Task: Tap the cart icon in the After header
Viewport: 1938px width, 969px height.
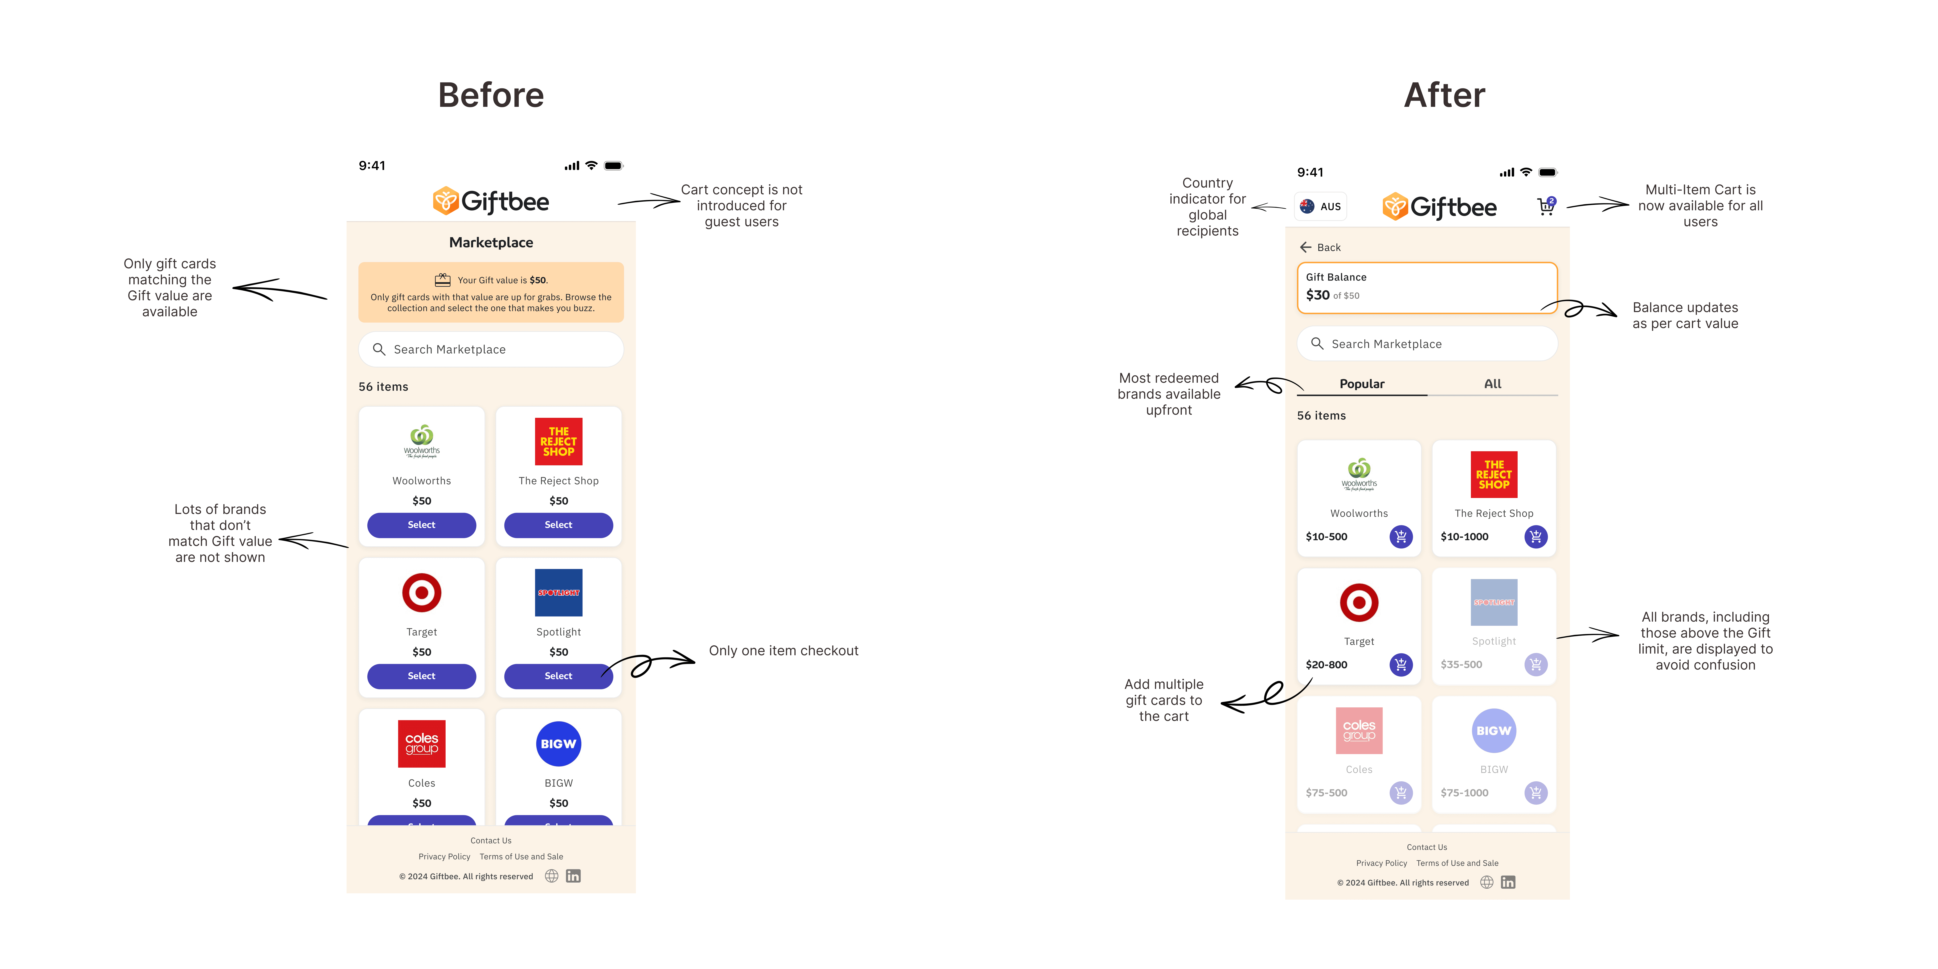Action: click(1545, 206)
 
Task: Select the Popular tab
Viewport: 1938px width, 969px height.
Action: click(1362, 384)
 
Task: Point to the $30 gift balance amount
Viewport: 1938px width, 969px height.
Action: click(1317, 295)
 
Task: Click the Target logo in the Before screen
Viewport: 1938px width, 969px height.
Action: click(421, 593)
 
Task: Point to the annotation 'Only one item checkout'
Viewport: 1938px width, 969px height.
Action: click(783, 651)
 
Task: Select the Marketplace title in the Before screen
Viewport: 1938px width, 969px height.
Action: click(491, 242)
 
